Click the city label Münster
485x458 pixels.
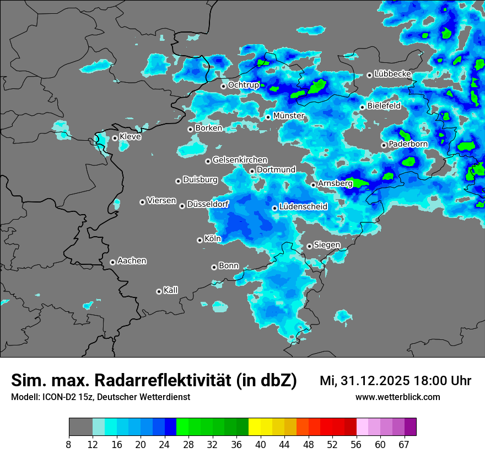click(x=289, y=116)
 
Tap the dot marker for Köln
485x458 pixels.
click(x=200, y=240)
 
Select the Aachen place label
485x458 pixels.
click(x=132, y=261)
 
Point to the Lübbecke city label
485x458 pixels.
click(x=392, y=74)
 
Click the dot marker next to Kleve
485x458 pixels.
click(x=115, y=138)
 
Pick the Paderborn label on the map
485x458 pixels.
click(x=408, y=144)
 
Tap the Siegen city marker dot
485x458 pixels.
click(x=310, y=246)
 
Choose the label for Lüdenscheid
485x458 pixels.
click(x=303, y=207)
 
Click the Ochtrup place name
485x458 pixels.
click(x=244, y=85)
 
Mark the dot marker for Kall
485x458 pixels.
click(x=159, y=291)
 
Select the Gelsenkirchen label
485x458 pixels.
click(x=240, y=160)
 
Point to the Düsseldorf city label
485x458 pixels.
click(x=208, y=205)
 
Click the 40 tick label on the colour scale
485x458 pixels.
click(x=261, y=444)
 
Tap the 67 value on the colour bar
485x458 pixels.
click(x=404, y=444)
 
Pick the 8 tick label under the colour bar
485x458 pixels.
click(x=68, y=444)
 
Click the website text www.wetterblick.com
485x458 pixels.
click(x=397, y=397)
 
